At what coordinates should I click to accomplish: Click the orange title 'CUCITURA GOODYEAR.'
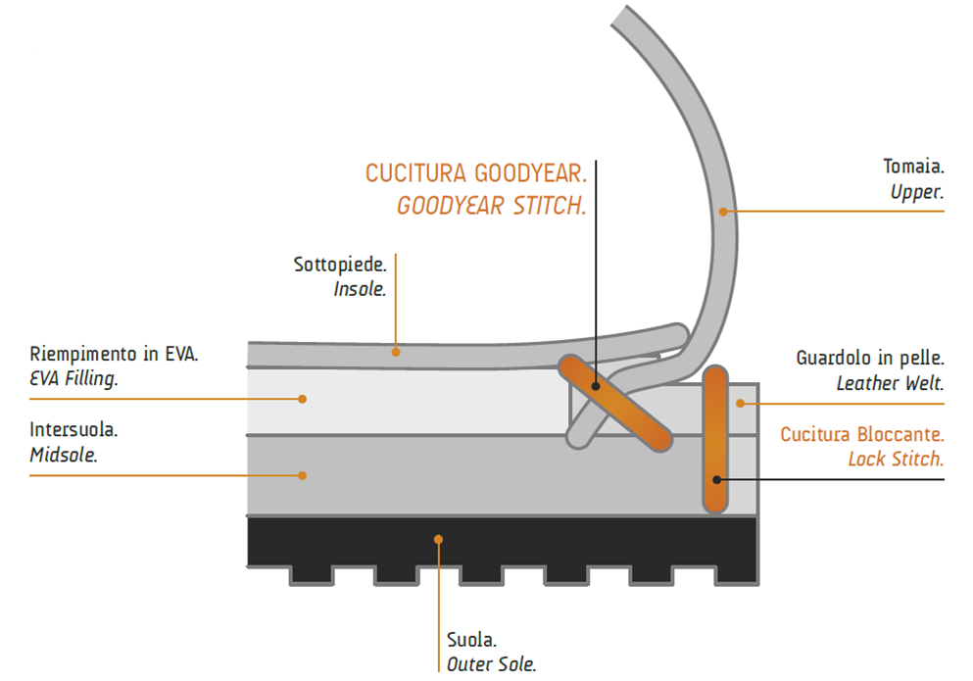click(x=476, y=174)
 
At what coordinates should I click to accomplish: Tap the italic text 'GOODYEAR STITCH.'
click(x=491, y=207)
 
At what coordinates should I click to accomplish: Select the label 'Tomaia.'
click(x=913, y=168)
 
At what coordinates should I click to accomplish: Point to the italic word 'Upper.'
click(x=916, y=193)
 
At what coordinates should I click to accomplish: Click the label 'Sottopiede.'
click(x=340, y=265)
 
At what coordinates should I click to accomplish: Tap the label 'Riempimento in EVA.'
click(x=114, y=354)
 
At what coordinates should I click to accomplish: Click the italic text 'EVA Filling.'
click(x=73, y=379)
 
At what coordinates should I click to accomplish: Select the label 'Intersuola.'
click(x=74, y=429)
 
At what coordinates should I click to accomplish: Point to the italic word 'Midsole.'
click(x=64, y=455)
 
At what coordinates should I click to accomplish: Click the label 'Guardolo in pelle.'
click(x=869, y=359)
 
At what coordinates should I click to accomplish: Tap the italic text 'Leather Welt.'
click(x=890, y=384)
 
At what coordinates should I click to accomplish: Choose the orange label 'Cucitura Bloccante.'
click(x=862, y=434)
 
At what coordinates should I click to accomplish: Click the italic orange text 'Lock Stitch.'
click(x=896, y=460)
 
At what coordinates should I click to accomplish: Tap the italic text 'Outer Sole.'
click(x=491, y=664)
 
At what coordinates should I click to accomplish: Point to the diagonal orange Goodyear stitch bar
click(x=615, y=403)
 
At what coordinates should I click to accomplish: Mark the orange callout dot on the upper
click(x=724, y=210)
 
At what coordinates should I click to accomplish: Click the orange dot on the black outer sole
click(x=440, y=538)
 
